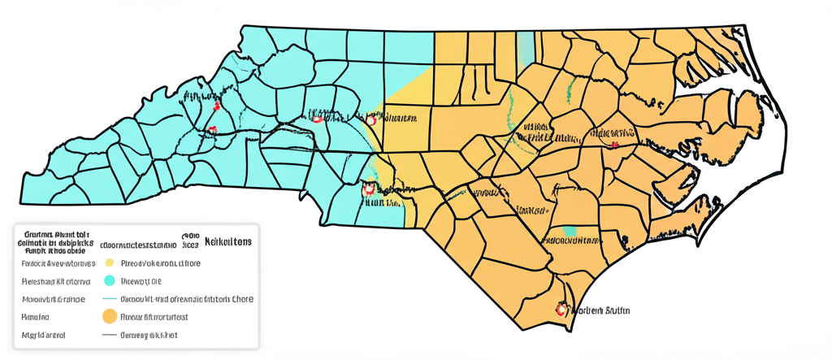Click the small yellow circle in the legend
[x=108, y=263]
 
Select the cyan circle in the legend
[x=108, y=281]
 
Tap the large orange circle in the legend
[x=108, y=317]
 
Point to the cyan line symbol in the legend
[x=108, y=299]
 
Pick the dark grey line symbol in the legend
[x=108, y=335]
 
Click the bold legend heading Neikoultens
[x=227, y=242]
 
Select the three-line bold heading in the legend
[x=55, y=241]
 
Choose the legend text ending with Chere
[x=187, y=299]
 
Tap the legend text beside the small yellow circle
[x=160, y=263]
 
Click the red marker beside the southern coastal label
[x=560, y=310]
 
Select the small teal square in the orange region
[x=570, y=231]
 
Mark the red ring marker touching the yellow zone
[x=371, y=119]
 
